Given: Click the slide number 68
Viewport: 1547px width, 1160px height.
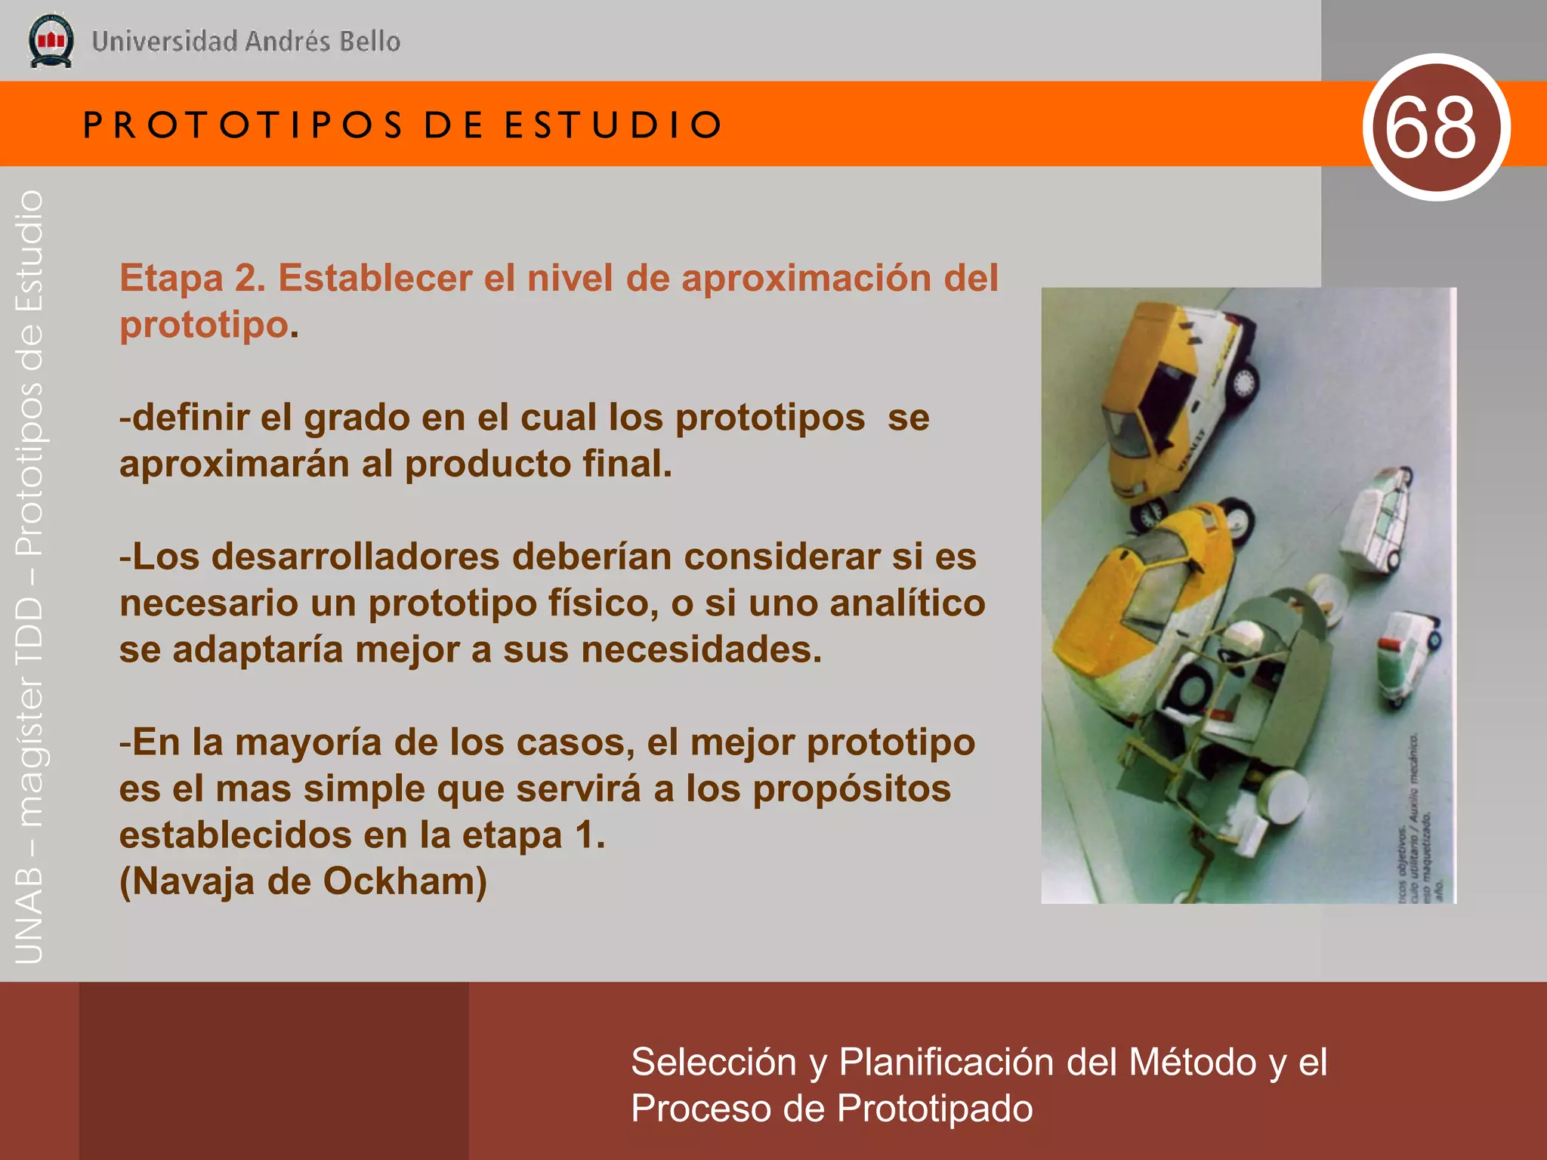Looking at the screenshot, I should pyautogui.click(x=1430, y=128).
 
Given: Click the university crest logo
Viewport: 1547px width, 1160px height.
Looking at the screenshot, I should pyautogui.click(x=51, y=41).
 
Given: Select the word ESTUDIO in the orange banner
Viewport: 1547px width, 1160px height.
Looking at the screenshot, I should pyautogui.click(x=613, y=125).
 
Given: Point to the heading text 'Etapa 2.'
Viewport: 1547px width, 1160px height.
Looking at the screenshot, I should pyautogui.click(x=193, y=278).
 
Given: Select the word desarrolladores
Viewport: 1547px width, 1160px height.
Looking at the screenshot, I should pyautogui.click(x=355, y=557).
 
